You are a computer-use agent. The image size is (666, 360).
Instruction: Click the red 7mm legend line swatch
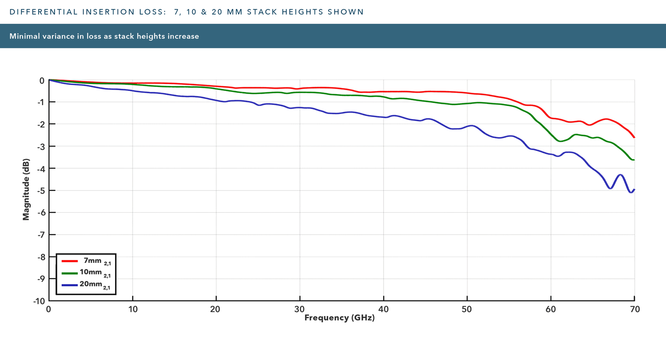70,261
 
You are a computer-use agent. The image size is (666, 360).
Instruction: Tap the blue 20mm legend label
95,285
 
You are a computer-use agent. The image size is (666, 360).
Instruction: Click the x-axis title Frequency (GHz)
339,318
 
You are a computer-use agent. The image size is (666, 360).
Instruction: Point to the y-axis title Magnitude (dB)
26,189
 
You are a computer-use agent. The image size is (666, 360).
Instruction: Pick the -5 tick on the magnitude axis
40,191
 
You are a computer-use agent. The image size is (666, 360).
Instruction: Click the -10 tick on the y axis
39,301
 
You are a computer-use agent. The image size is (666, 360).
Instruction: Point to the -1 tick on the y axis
40,103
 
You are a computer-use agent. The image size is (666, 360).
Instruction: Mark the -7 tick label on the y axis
40,235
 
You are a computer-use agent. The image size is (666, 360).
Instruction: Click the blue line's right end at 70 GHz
634,190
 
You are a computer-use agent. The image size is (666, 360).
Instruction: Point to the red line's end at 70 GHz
634,137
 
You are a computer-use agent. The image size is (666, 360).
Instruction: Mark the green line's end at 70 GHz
634,160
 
